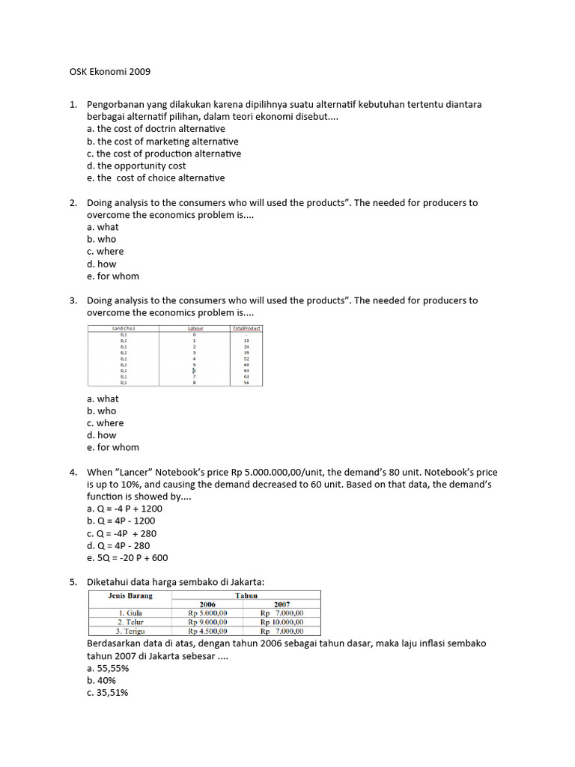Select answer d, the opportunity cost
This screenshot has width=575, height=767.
pyautogui.click(x=136, y=166)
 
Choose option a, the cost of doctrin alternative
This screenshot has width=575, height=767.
pyautogui.click(x=156, y=129)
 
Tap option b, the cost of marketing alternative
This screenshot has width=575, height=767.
pyautogui.click(x=162, y=141)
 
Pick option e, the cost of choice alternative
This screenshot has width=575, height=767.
pyautogui.click(x=156, y=178)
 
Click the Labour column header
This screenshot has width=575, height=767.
pyautogui.click(x=194, y=328)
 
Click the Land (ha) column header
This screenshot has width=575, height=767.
pyautogui.click(x=124, y=328)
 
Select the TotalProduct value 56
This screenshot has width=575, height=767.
pyautogui.click(x=246, y=382)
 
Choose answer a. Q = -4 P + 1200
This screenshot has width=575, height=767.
pyautogui.click(x=124, y=509)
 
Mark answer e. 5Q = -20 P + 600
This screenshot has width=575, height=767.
pyautogui.click(x=127, y=558)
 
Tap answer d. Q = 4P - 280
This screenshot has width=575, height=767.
pyautogui.click(x=118, y=546)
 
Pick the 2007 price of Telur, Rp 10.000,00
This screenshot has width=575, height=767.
pyautogui.click(x=282, y=622)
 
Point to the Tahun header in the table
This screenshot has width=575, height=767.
pyautogui.click(x=246, y=595)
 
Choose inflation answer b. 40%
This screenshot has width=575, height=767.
pyautogui.click(x=101, y=681)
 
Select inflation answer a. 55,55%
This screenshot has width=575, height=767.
pyautogui.click(x=108, y=668)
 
